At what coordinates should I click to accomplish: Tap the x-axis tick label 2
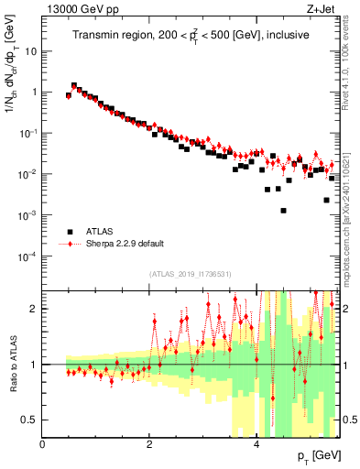[x=149, y=443]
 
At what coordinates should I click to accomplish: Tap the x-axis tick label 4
[x=256, y=443]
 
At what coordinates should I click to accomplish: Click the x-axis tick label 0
[x=42, y=443]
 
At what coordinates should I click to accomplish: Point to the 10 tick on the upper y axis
[x=31, y=51]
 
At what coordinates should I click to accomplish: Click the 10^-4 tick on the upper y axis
[x=27, y=256]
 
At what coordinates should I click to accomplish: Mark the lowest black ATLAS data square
[x=284, y=211]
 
